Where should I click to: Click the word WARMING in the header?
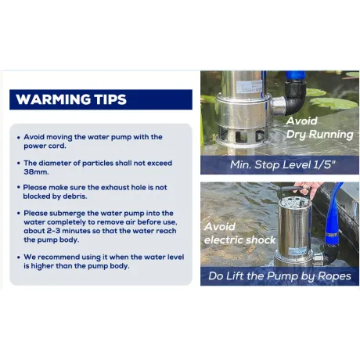coord(53,99)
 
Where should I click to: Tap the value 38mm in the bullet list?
coord(36,172)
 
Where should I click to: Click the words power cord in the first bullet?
coord(45,146)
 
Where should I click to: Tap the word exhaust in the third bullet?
coord(115,188)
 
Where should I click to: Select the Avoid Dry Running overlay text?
coord(319,128)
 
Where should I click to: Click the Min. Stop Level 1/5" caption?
coord(283,165)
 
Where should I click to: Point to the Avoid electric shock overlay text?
coord(239,233)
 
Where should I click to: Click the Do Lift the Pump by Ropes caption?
coord(279,276)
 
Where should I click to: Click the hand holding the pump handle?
coord(308,188)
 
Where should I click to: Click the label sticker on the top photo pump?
coord(249,86)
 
